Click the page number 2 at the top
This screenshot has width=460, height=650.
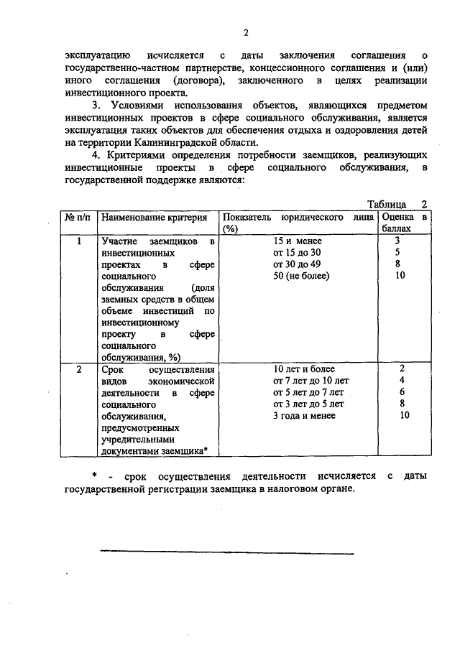click(246, 32)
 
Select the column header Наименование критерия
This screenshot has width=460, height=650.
click(154, 217)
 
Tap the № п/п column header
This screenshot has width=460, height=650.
click(77, 217)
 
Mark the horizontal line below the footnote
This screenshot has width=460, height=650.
click(226, 552)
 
